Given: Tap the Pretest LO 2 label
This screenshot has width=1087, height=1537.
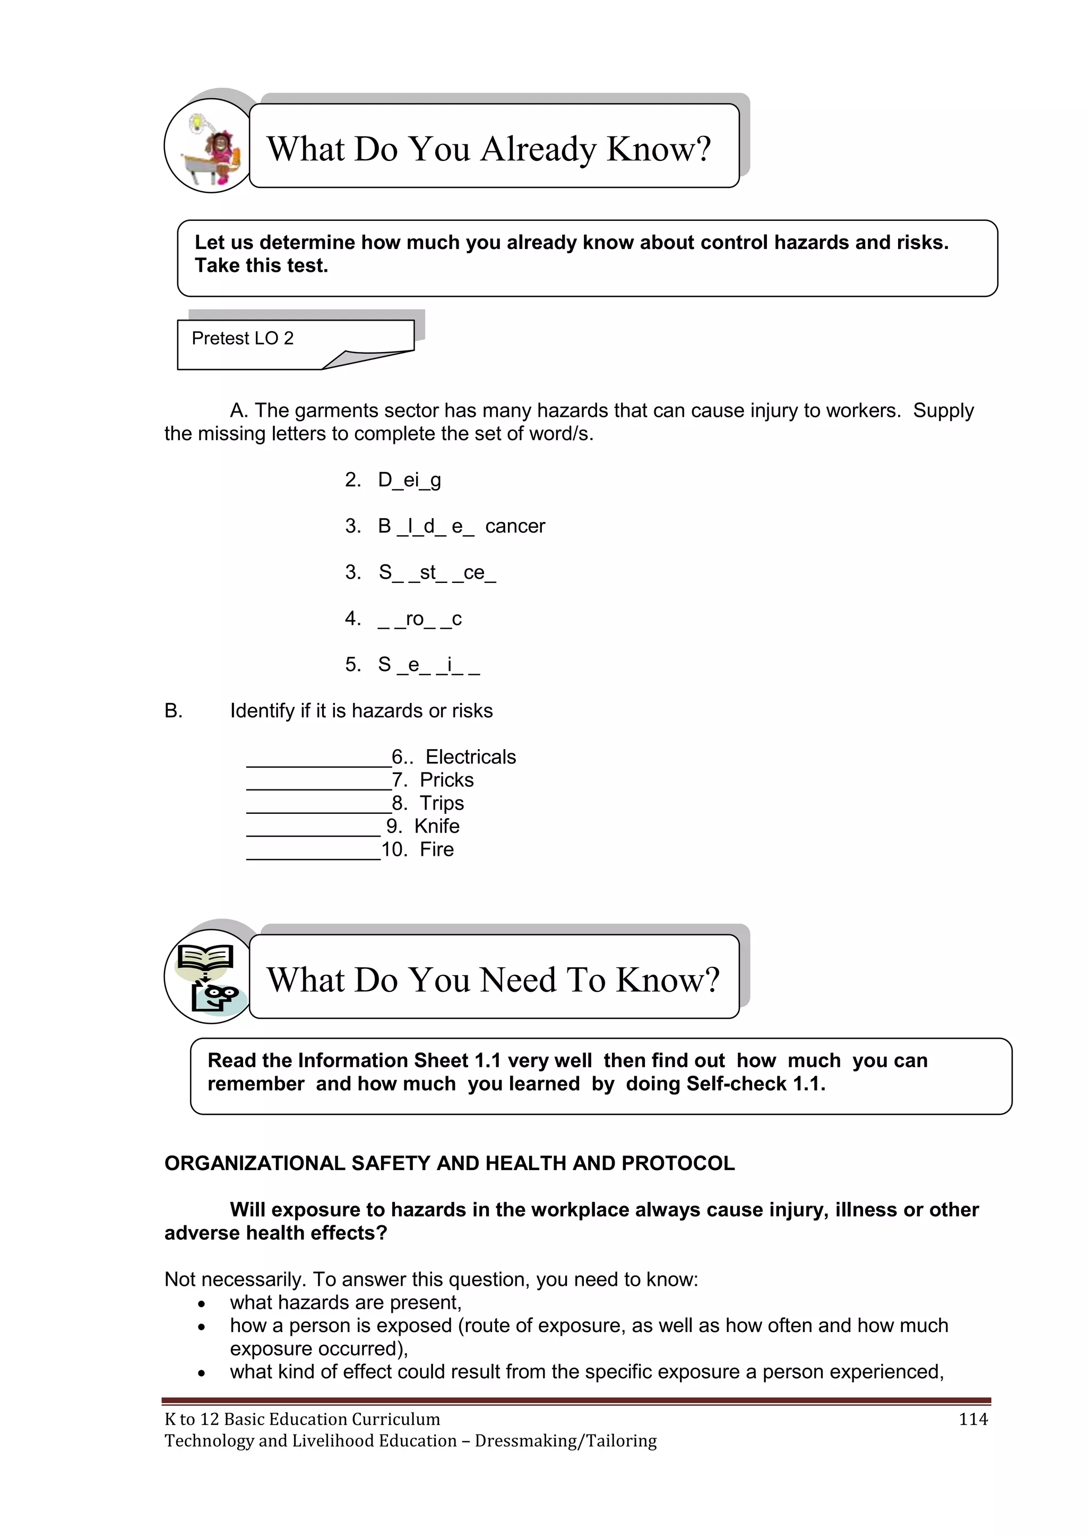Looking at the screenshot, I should point(243,339).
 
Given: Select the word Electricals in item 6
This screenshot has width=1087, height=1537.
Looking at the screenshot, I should point(471,757).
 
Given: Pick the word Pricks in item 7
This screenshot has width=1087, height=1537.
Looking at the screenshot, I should point(446,780).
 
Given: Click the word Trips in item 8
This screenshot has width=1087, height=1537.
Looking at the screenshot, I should point(442,803).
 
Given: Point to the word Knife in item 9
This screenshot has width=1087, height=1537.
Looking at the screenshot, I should point(436,826).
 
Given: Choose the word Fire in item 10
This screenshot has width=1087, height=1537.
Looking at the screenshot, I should point(436,849).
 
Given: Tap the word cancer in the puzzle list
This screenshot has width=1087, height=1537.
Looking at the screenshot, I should point(515,526).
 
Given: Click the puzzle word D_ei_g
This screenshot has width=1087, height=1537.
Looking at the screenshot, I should point(409,480).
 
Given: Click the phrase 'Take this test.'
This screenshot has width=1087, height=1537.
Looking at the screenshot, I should point(261,266).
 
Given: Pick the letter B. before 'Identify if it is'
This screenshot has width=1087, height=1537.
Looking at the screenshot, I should point(174,711).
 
